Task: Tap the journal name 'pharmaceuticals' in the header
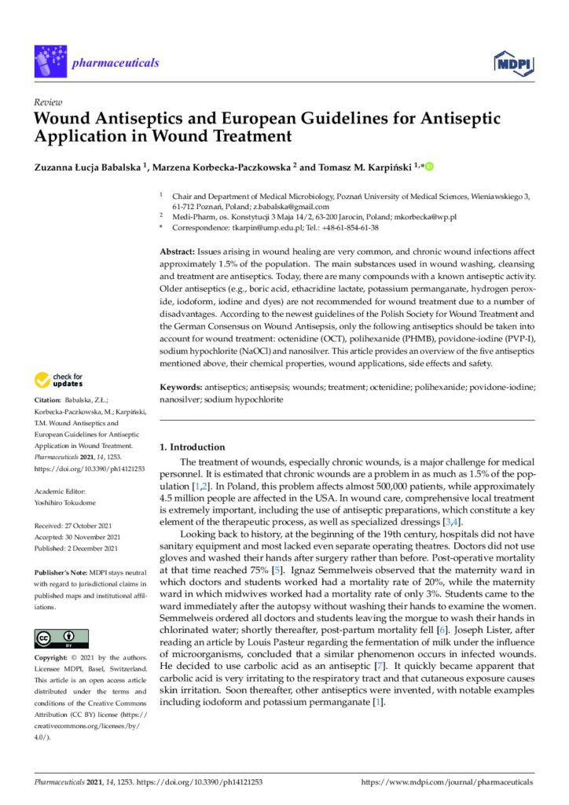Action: (114, 63)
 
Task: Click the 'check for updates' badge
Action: (58, 380)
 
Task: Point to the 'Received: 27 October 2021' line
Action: (75, 525)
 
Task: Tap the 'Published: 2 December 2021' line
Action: (76, 548)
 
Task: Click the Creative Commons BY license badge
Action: (61, 638)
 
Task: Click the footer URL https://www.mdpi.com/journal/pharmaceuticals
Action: (446, 783)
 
